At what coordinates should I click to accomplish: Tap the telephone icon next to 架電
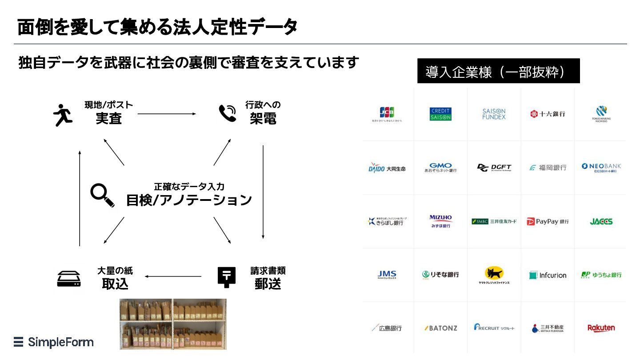coord(228,113)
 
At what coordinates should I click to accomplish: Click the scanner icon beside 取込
coord(69,278)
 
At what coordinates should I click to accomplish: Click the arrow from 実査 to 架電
coord(167,114)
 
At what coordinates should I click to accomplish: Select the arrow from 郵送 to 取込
coord(173,277)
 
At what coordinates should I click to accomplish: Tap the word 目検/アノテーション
coord(189,200)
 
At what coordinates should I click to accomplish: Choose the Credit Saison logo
coord(440,114)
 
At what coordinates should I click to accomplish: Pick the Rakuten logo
coord(601,328)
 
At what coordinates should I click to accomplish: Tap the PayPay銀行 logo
coord(548,221)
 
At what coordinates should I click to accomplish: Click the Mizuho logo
coord(440,221)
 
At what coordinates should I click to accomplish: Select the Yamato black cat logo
coord(494,275)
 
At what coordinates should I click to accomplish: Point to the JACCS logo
coord(601,221)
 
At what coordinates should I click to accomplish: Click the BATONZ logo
coord(440,328)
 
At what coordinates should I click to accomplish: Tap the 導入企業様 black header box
coord(498,71)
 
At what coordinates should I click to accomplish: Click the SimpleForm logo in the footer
coord(54,342)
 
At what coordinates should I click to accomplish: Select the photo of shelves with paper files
coord(173,324)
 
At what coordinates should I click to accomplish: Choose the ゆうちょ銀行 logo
coord(601,275)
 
